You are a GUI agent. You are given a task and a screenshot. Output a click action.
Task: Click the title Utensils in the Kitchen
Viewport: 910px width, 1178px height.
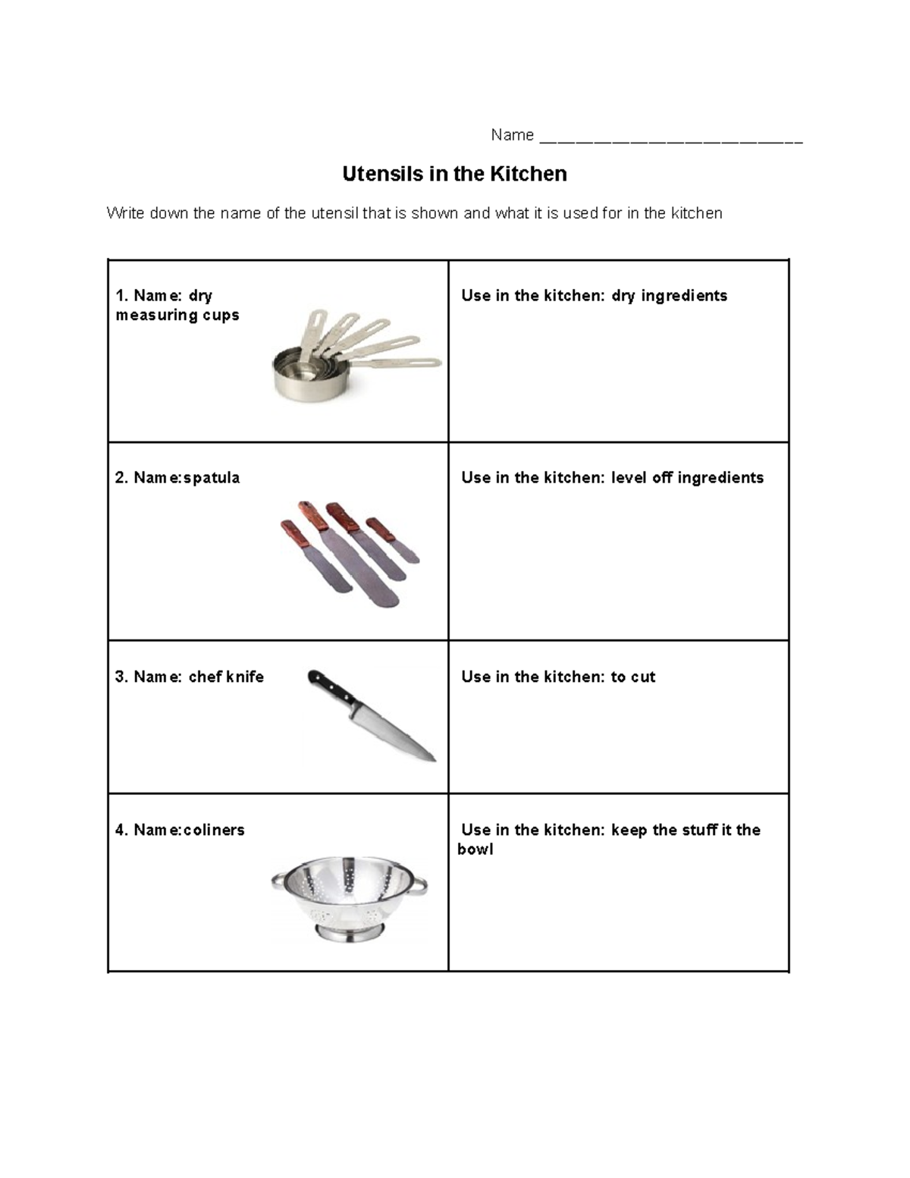pos(454,174)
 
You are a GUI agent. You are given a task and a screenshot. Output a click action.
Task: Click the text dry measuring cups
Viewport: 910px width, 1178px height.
pos(177,306)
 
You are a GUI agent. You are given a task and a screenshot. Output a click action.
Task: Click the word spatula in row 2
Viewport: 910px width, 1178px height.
pos(212,478)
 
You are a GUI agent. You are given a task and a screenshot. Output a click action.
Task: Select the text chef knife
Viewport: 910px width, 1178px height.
pos(226,677)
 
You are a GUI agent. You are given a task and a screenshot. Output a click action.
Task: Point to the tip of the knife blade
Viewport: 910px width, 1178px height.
pos(433,759)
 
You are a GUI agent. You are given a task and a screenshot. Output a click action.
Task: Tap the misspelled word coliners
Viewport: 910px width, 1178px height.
pos(214,830)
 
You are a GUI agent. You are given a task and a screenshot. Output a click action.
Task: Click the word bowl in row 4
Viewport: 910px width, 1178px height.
pos(475,850)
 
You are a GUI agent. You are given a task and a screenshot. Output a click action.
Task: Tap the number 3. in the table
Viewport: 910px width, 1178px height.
pos(121,677)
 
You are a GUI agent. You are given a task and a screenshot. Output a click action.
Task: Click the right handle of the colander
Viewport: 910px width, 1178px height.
pos(419,884)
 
